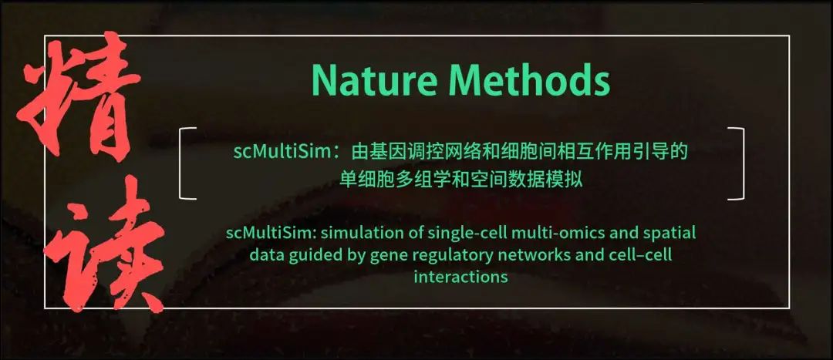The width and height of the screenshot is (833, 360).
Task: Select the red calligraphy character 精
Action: coord(79,98)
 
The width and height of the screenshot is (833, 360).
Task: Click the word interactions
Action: coord(461,277)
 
